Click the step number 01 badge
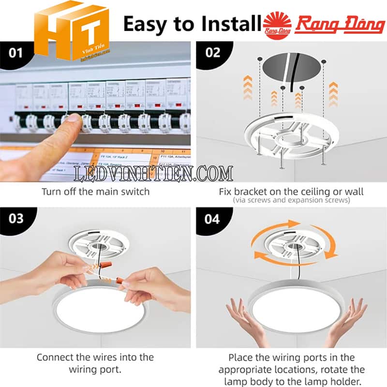point(16,52)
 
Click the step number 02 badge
point(213,52)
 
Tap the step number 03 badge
point(16,219)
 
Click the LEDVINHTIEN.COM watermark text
point(153,173)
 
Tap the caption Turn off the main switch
point(95,192)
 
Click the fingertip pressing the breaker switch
point(73,119)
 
